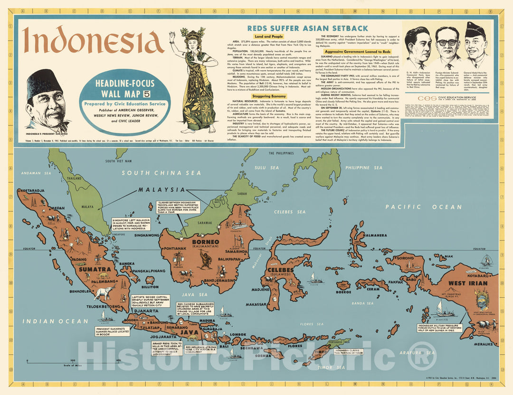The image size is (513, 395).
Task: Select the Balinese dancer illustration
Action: click(196, 81)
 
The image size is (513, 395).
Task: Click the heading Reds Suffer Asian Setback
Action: click(301, 28)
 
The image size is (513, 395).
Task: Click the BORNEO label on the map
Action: click(205, 242)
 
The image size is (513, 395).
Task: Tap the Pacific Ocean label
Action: click(423, 207)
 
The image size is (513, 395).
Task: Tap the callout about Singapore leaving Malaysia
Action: click(129, 225)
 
